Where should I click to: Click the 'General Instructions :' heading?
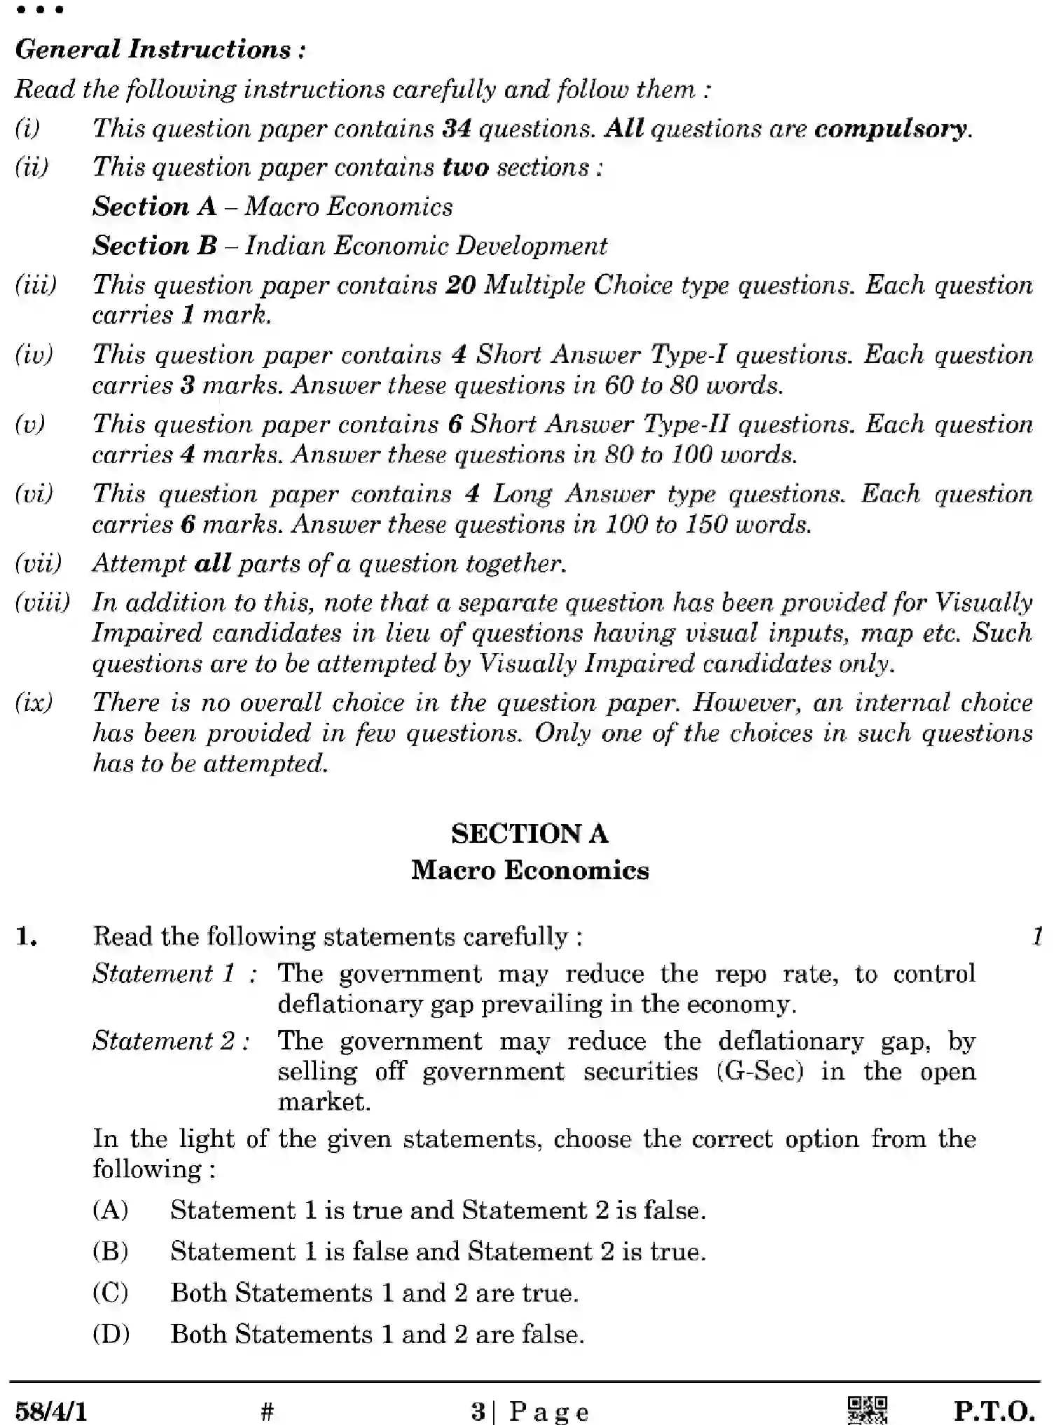click(x=160, y=50)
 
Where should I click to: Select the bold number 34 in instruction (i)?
click(x=456, y=129)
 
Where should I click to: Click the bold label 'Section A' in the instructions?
click(x=155, y=207)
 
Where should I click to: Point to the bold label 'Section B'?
click(x=155, y=246)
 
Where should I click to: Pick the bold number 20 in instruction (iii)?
click(x=460, y=285)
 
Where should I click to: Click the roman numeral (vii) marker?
click(x=38, y=563)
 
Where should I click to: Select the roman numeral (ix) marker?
click(x=34, y=703)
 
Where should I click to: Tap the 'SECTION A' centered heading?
click(x=529, y=834)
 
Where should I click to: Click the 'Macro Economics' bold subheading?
click(x=529, y=871)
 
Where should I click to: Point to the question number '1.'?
click(x=27, y=937)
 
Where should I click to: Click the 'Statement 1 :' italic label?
click(x=174, y=974)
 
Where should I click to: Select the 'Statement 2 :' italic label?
click(x=172, y=1041)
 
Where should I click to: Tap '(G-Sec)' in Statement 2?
click(x=760, y=1072)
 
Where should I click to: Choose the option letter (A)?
click(x=111, y=1211)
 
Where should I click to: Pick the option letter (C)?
click(x=111, y=1293)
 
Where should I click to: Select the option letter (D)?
click(x=111, y=1334)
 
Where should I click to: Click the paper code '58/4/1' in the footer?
click(x=51, y=1410)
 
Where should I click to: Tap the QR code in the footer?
click(x=867, y=1410)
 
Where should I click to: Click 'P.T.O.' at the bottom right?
click(x=994, y=1410)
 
